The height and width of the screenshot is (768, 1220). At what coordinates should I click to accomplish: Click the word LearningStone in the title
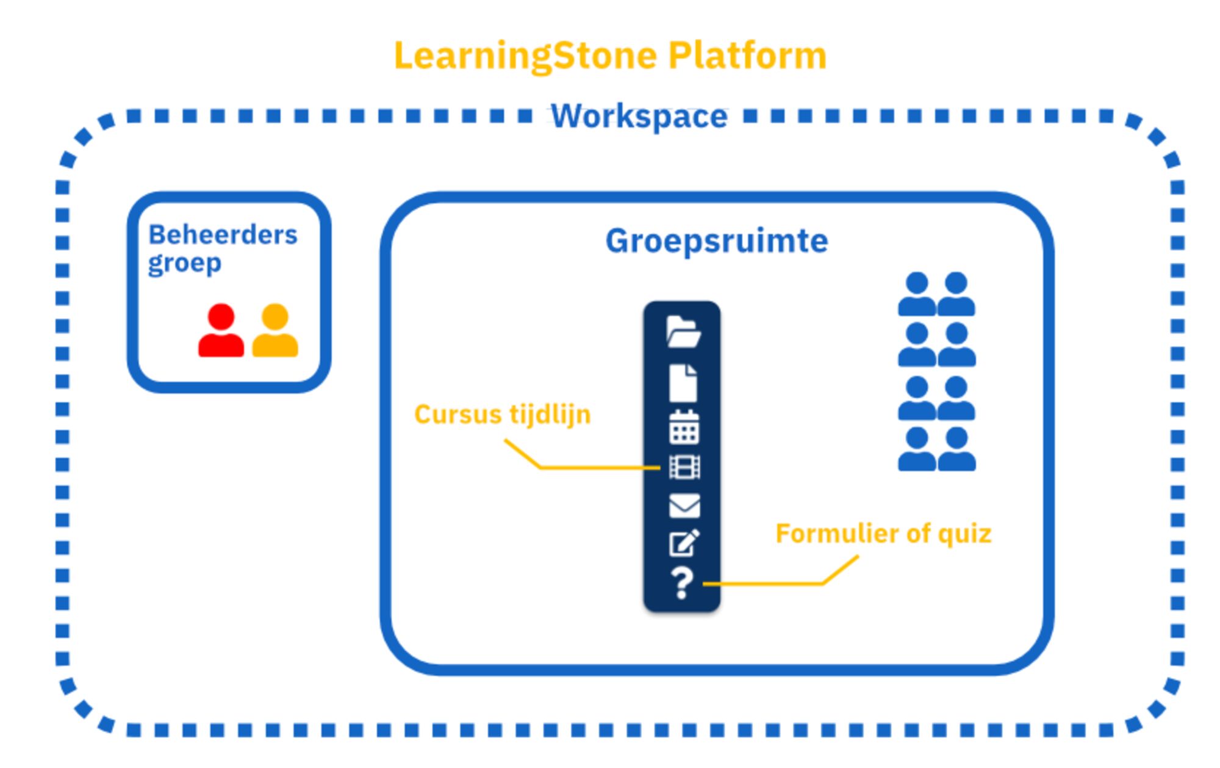pyautogui.click(x=525, y=56)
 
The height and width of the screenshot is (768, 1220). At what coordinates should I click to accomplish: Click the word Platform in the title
pyautogui.click(x=747, y=56)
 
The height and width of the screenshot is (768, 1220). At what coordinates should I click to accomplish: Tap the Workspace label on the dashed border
pyautogui.click(x=639, y=116)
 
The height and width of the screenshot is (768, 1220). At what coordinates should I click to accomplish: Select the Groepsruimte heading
pyautogui.click(x=716, y=241)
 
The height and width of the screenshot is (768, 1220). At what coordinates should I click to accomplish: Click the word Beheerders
pyautogui.click(x=223, y=235)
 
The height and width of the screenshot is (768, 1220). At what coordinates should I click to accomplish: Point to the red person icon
pyautogui.click(x=221, y=331)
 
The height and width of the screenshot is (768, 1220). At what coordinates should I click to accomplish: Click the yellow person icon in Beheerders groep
pyautogui.click(x=275, y=331)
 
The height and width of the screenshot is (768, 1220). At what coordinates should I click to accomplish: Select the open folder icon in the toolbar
pyautogui.click(x=683, y=332)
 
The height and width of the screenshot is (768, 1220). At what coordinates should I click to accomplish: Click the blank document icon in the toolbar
pyautogui.click(x=683, y=383)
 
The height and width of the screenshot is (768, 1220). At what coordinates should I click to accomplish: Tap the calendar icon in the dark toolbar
pyautogui.click(x=684, y=427)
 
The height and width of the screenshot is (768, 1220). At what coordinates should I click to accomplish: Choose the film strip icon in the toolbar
pyautogui.click(x=684, y=468)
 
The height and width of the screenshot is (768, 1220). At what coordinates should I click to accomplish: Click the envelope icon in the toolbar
pyautogui.click(x=684, y=505)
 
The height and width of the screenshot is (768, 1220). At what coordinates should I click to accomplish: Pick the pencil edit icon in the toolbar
pyautogui.click(x=684, y=543)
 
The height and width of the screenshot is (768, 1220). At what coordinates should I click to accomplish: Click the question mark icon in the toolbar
pyautogui.click(x=683, y=583)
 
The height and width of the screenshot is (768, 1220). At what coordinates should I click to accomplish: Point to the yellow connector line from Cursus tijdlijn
pyautogui.click(x=598, y=468)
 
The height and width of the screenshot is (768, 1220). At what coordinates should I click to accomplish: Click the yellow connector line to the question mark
pyautogui.click(x=762, y=584)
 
